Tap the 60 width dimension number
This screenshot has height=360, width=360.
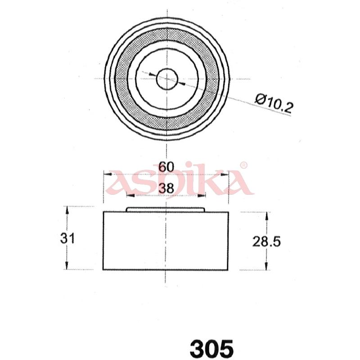(166, 167)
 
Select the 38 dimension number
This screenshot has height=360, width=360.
(166, 189)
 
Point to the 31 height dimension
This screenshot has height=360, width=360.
(67, 238)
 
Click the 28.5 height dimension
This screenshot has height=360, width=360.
(266, 242)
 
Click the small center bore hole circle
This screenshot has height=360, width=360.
(167, 79)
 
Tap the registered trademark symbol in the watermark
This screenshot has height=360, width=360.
(243, 165)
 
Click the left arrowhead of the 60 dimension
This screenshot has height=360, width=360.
(108, 174)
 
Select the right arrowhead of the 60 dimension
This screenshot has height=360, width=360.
(225, 175)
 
